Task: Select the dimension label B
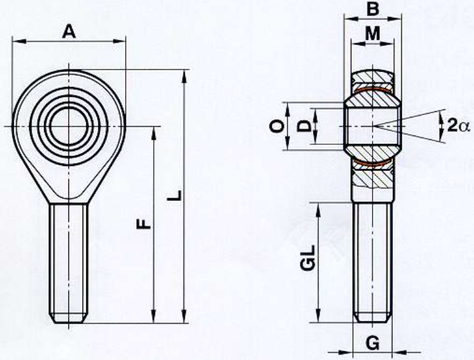pyautogui.click(x=372, y=9)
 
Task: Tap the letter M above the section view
pyautogui.click(x=373, y=33)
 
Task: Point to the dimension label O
pyautogui.click(x=277, y=126)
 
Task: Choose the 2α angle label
pyautogui.click(x=458, y=125)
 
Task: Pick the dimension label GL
pyautogui.click(x=308, y=257)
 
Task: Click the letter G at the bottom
pyautogui.click(x=373, y=343)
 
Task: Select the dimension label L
pyautogui.click(x=174, y=196)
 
